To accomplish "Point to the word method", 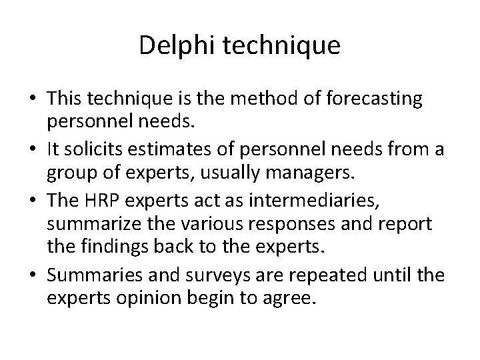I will [x=255, y=99].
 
